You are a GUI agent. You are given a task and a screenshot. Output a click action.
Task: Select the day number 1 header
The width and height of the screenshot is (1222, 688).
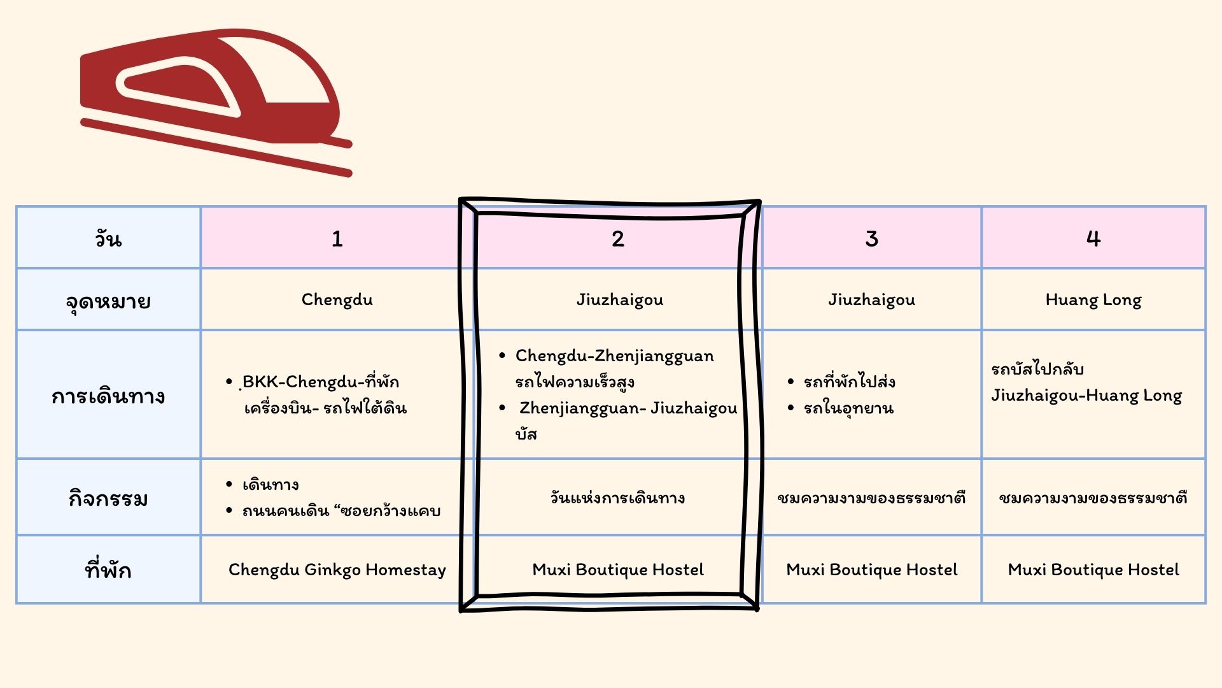click(337, 239)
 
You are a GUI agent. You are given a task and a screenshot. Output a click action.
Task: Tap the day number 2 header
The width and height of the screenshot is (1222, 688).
click(617, 239)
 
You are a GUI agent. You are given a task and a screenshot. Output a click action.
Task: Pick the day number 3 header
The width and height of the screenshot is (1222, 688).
click(871, 239)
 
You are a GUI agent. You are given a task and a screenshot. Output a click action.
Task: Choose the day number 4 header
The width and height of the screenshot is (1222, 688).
click(1093, 239)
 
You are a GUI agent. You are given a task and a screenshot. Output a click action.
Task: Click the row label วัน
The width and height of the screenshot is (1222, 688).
click(108, 239)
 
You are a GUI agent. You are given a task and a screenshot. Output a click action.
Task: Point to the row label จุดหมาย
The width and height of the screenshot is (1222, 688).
click(108, 301)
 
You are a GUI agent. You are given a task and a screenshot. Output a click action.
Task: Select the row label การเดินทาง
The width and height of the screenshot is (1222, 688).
click(108, 396)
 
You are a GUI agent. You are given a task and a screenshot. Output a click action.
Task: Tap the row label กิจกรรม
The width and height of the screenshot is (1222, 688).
click(108, 498)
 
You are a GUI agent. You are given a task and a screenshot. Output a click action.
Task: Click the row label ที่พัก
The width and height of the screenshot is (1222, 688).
click(108, 568)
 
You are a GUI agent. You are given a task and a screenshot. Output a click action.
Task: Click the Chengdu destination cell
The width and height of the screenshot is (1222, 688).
click(337, 299)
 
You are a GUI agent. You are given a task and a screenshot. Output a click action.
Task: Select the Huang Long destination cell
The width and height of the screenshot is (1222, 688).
click(1093, 300)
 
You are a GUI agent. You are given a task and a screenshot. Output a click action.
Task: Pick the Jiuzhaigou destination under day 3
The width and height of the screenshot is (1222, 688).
click(871, 300)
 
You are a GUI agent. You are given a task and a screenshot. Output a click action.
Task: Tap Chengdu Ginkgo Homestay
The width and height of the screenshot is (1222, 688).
click(337, 570)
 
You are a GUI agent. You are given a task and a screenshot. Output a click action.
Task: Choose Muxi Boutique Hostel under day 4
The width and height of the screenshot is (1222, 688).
click(1093, 570)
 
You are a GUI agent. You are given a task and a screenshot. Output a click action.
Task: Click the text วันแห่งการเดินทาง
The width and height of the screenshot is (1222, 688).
click(617, 498)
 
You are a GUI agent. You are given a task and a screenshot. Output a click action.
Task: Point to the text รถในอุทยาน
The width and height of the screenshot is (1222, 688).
click(848, 408)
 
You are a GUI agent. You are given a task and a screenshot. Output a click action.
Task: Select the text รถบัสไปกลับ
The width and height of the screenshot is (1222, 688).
click(1037, 369)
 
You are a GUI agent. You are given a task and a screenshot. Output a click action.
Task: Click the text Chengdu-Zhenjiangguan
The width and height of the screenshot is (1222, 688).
click(614, 356)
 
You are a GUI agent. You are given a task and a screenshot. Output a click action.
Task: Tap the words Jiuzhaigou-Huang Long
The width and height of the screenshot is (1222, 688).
click(1086, 396)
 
